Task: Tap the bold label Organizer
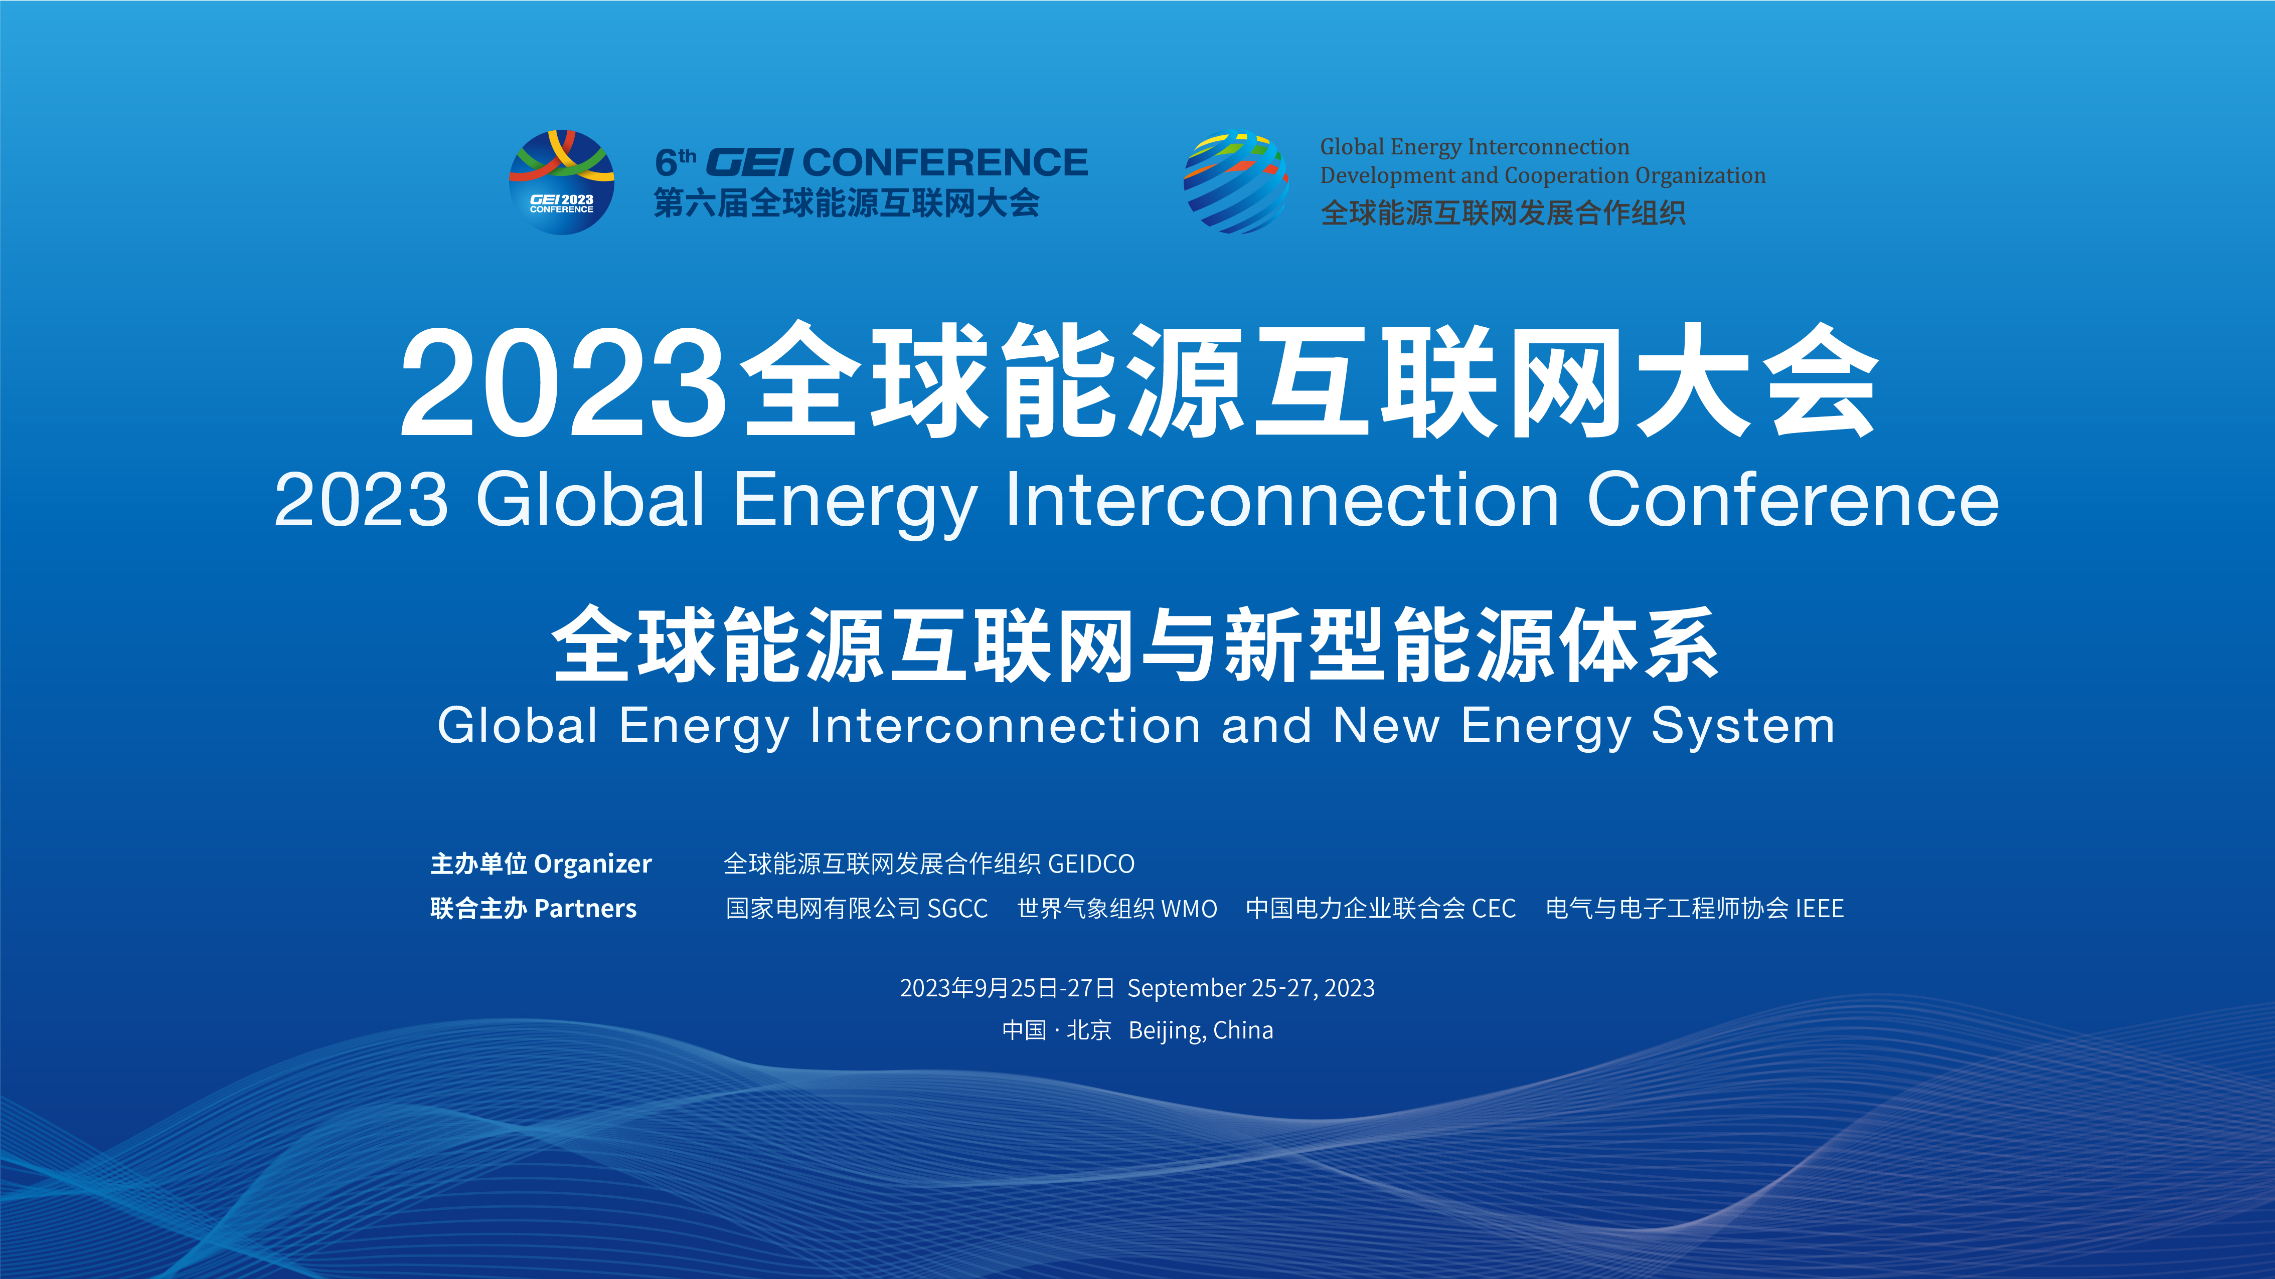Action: coord(593,864)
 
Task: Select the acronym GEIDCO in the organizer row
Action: coord(1091,864)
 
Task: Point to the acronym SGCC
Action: coord(957,909)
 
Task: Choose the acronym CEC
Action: coord(1494,909)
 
